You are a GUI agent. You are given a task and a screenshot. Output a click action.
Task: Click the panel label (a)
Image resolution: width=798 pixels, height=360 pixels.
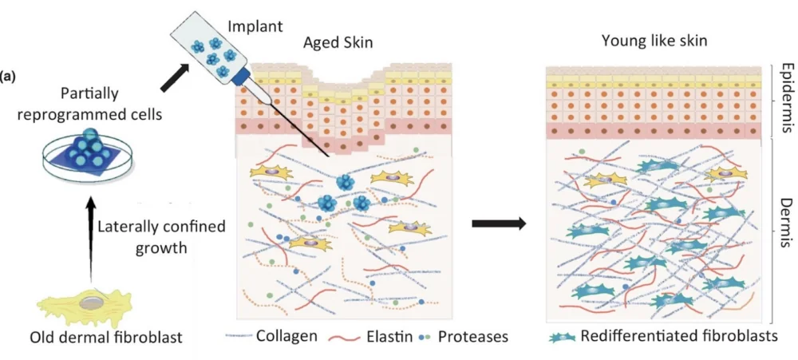[9, 77]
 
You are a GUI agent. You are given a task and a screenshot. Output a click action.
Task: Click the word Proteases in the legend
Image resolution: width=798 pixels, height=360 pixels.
[474, 336]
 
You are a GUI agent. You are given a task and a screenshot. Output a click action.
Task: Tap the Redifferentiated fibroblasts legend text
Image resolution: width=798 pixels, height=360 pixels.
[678, 336]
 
